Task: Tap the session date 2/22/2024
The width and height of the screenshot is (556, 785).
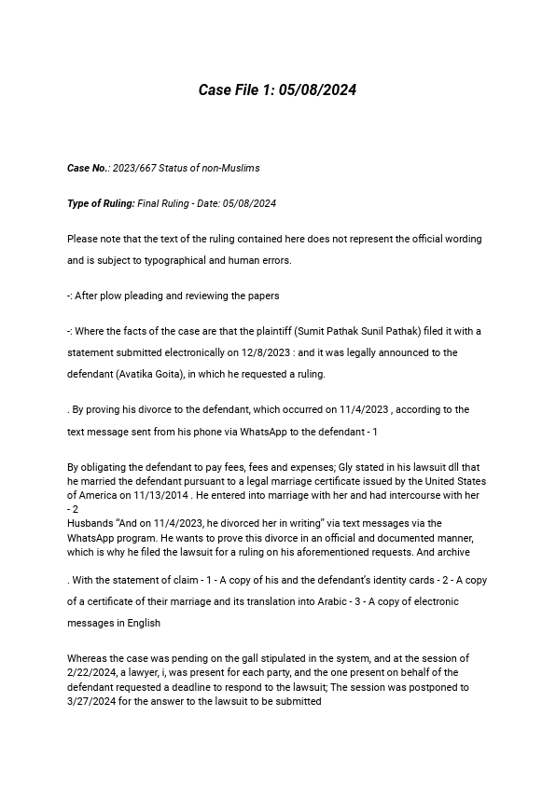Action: [x=91, y=672]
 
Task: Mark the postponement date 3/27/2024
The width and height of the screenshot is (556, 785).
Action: [x=91, y=701]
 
